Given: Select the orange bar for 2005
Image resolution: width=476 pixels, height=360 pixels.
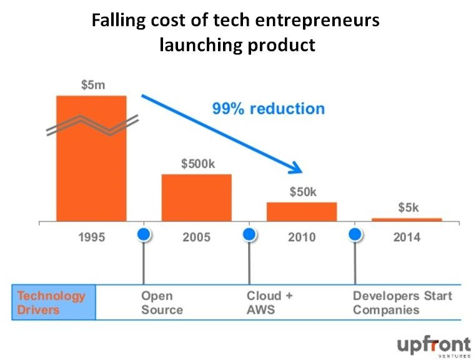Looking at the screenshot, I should point(196,197).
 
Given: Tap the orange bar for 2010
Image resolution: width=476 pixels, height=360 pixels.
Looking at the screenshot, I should point(302,211).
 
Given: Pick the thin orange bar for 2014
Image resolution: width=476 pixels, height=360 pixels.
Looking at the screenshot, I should point(407,219).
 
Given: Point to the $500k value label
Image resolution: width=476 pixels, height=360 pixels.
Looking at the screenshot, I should point(197,164).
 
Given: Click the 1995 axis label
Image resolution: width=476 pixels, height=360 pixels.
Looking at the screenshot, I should point(92,237).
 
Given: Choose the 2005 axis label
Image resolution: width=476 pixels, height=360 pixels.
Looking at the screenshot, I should point(197,237).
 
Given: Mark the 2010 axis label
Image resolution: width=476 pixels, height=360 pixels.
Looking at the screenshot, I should point(302,237).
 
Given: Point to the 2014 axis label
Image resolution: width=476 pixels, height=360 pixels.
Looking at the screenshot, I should point(407,237).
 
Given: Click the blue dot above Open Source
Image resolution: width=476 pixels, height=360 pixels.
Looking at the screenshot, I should point(144,234).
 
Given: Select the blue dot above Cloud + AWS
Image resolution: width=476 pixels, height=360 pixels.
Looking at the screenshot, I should point(250,234).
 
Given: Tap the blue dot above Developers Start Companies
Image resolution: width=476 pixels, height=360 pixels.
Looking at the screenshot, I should point(355,234).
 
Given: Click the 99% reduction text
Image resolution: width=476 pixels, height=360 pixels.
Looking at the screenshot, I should point(268,109).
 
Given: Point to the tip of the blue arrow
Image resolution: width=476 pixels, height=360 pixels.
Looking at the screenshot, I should point(302,171).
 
